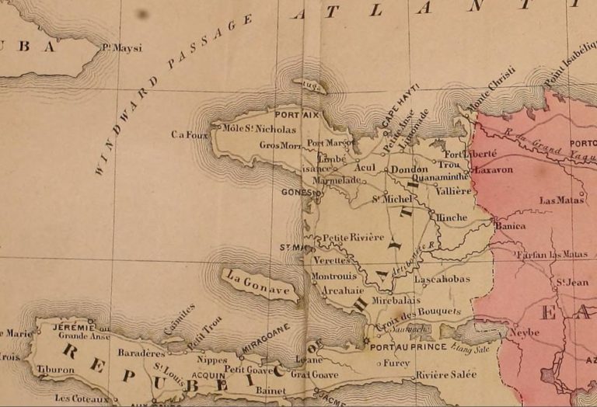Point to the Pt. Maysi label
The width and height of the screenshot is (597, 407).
click(x=122, y=48)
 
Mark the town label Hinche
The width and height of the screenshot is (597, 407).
click(x=452, y=219)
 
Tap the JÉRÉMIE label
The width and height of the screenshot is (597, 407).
click(x=63, y=327)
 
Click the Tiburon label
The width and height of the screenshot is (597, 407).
click(x=56, y=370)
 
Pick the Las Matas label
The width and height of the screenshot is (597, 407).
click(x=560, y=200)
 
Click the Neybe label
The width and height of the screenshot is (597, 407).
click(x=525, y=332)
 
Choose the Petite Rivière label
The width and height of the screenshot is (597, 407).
click(x=354, y=237)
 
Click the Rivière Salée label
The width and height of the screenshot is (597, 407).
click(x=446, y=376)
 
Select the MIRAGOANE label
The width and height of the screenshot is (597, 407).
click(x=264, y=340)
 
